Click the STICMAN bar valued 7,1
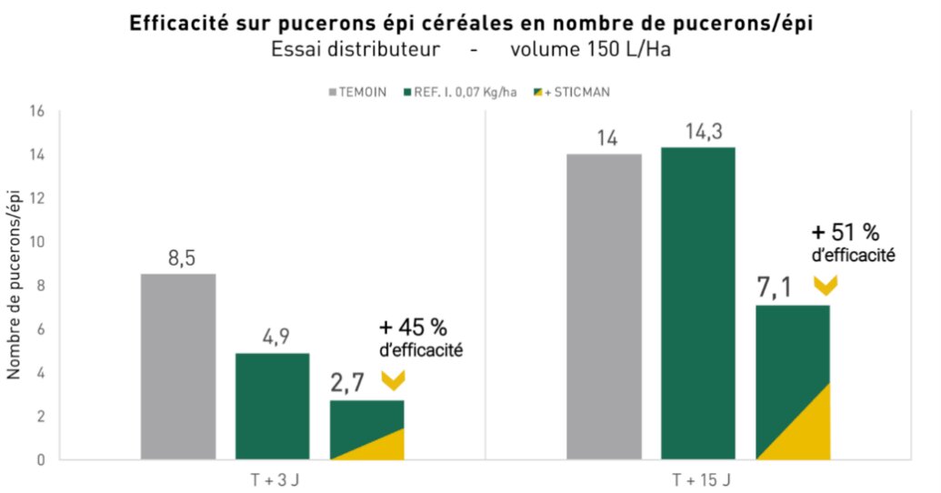(x=793, y=382)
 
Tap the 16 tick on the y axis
(x=37, y=111)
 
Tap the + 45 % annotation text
(x=414, y=327)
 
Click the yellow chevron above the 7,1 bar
(x=825, y=286)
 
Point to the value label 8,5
(x=180, y=259)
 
